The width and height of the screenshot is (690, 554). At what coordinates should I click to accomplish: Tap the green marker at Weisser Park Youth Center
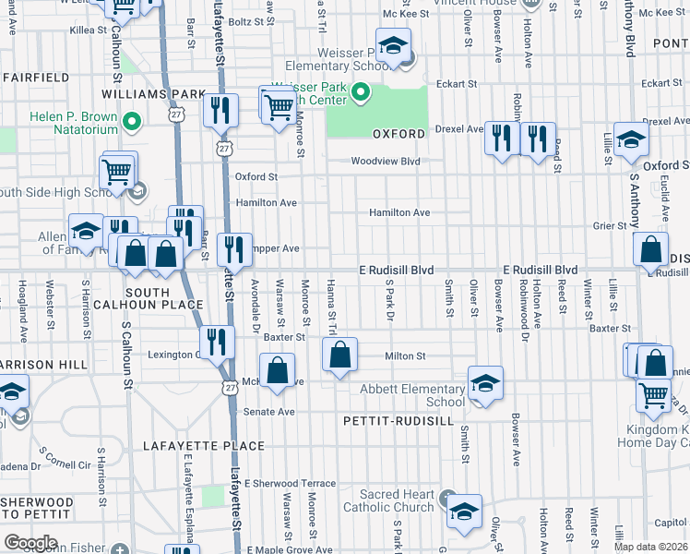pos(361,92)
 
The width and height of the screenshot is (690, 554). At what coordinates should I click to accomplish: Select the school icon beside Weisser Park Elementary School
pos(394,47)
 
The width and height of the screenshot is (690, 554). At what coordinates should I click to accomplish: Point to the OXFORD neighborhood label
pos(399,134)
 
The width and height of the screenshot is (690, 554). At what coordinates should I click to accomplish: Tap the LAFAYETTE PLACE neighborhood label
pos(204,446)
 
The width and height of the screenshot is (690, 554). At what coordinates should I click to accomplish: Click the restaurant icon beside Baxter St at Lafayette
pos(217,342)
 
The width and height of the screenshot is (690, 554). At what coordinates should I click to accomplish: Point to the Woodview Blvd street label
pos(385,162)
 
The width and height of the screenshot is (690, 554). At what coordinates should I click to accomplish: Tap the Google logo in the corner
pos(30,543)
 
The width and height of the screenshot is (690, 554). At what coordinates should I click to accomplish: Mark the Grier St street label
pos(610,224)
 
